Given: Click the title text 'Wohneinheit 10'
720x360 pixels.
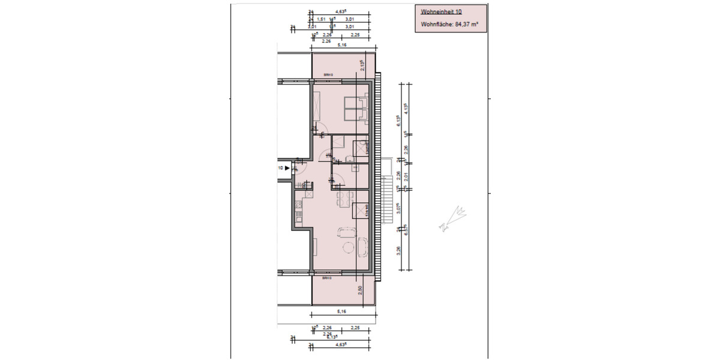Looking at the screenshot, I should [441, 11].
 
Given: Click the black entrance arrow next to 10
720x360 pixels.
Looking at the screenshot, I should [287, 169].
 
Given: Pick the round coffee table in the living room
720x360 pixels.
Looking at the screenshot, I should [347, 248].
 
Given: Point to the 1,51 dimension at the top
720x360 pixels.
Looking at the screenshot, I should [321, 19].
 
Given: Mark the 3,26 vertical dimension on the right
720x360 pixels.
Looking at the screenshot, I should [399, 250].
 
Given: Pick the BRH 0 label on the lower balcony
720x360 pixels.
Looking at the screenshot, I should [327, 278].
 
